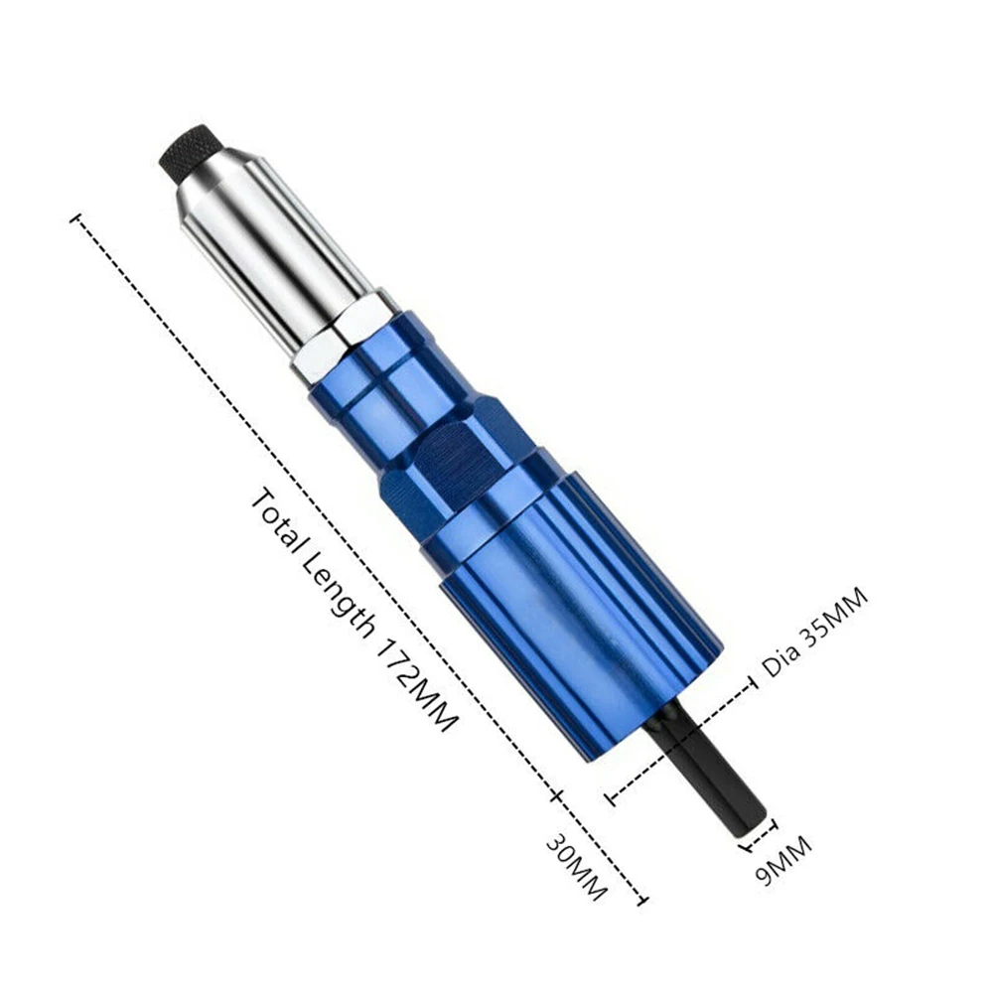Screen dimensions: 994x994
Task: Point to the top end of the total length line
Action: click(x=75, y=217)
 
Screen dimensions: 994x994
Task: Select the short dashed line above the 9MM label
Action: click(x=758, y=833)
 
